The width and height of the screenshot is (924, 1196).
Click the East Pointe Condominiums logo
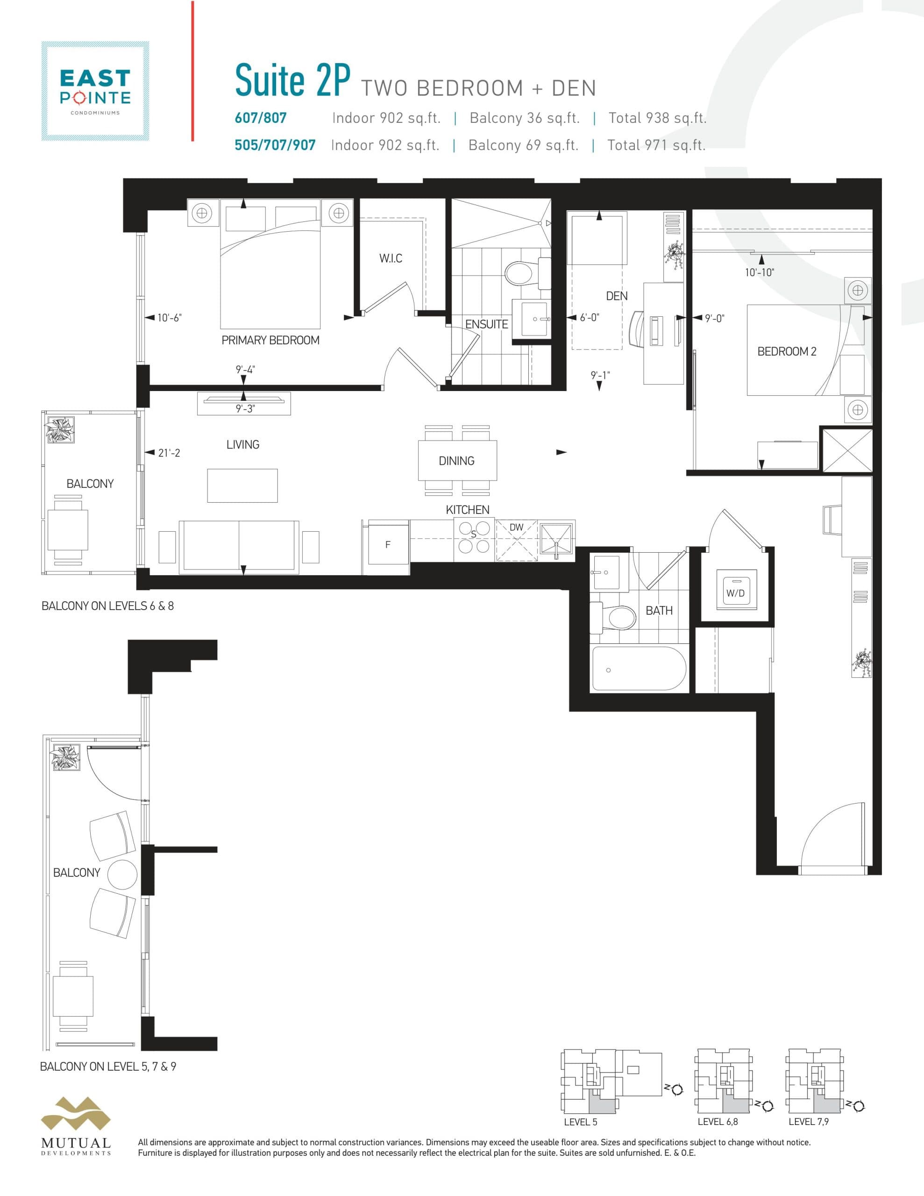pyautogui.click(x=95, y=91)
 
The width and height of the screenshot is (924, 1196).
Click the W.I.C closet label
pyautogui.click(x=391, y=258)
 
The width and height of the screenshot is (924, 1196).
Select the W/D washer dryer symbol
pyautogui.click(x=736, y=592)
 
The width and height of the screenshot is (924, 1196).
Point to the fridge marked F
pyautogui.click(x=388, y=544)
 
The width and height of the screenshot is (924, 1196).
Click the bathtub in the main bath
pyautogui.click(x=638, y=669)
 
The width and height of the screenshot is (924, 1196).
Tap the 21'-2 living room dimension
pyautogui.click(x=169, y=453)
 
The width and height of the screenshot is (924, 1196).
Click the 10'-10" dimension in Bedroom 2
pyautogui.click(x=759, y=272)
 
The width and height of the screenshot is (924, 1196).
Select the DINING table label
pyautogui.click(x=457, y=461)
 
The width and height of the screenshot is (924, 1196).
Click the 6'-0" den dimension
pyautogui.click(x=590, y=318)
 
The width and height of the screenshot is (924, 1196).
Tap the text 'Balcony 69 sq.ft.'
pyautogui.click(x=523, y=145)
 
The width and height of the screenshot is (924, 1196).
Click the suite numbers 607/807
pyautogui.click(x=261, y=118)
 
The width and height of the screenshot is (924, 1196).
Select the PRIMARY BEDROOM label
pyautogui.click(x=270, y=340)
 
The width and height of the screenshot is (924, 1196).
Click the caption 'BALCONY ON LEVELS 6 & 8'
pyautogui.click(x=107, y=605)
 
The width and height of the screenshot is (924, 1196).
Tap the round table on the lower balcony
pyautogui.click(x=122, y=874)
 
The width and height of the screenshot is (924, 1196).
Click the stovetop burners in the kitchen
pyautogui.click(x=474, y=538)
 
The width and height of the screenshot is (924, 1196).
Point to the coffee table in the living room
pyautogui.click(x=242, y=485)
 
